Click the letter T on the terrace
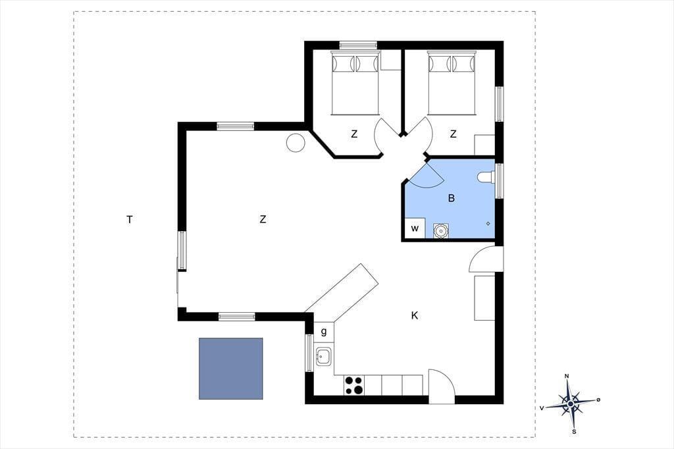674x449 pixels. tap(130, 220)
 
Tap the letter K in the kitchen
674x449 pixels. tap(415, 315)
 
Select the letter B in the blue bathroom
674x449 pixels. tap(452, 198)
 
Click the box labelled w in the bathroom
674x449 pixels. tap(415, 228)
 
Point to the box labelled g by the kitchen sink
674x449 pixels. tap(324, 332)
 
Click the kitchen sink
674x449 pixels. tap(324, 357)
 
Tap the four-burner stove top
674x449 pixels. tap(353, 385)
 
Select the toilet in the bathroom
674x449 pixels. tap(486, 177)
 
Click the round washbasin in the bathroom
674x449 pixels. tap(440, 230)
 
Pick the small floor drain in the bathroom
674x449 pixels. tap(488, 224)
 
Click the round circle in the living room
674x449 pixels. tap(296, 142)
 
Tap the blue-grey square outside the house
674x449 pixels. tap(231, 369)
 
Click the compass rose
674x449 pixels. tap(570, 404)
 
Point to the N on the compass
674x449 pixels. tap(567, 377)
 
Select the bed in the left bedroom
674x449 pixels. tap(355, 83)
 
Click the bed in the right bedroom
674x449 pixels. tap(452, 83)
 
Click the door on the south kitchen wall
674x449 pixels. tap(442, 386)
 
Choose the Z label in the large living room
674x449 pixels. tap(263, 219)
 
